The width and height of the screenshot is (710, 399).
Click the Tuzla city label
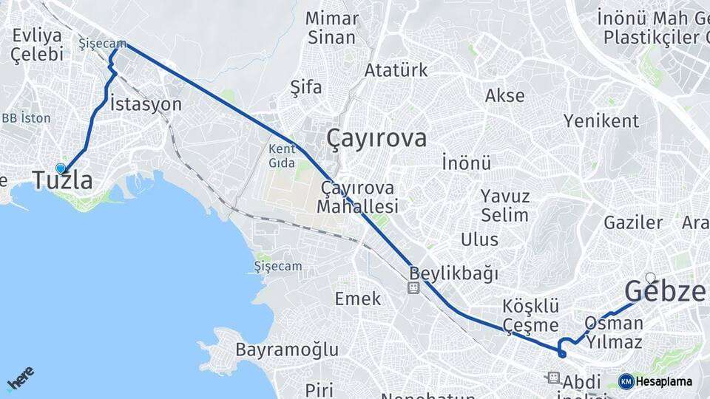(63, 180)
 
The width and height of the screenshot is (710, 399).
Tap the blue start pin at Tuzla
(61, 168)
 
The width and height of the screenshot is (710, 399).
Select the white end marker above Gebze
(650, 278)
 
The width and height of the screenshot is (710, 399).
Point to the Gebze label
(665, 292)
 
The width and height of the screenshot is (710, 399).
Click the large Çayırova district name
(376, 138)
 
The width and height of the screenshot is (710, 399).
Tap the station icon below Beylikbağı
(413, 287)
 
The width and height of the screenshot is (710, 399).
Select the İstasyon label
(145, 104)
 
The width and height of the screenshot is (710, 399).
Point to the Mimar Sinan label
(331, 27)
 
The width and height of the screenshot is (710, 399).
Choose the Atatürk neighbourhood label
(396, 71)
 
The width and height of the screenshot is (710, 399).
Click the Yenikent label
(601, 120)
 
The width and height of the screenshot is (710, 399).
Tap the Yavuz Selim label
(505, 206)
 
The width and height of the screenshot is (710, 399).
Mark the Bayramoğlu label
(287, 349)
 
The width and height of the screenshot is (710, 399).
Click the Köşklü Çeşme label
(530, 315)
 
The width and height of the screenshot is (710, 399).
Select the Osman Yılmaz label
(613, 332)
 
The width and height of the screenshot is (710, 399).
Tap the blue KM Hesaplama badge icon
(626, 381)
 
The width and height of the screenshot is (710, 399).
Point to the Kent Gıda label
(282, 154)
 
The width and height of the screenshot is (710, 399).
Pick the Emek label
(358, 299)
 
